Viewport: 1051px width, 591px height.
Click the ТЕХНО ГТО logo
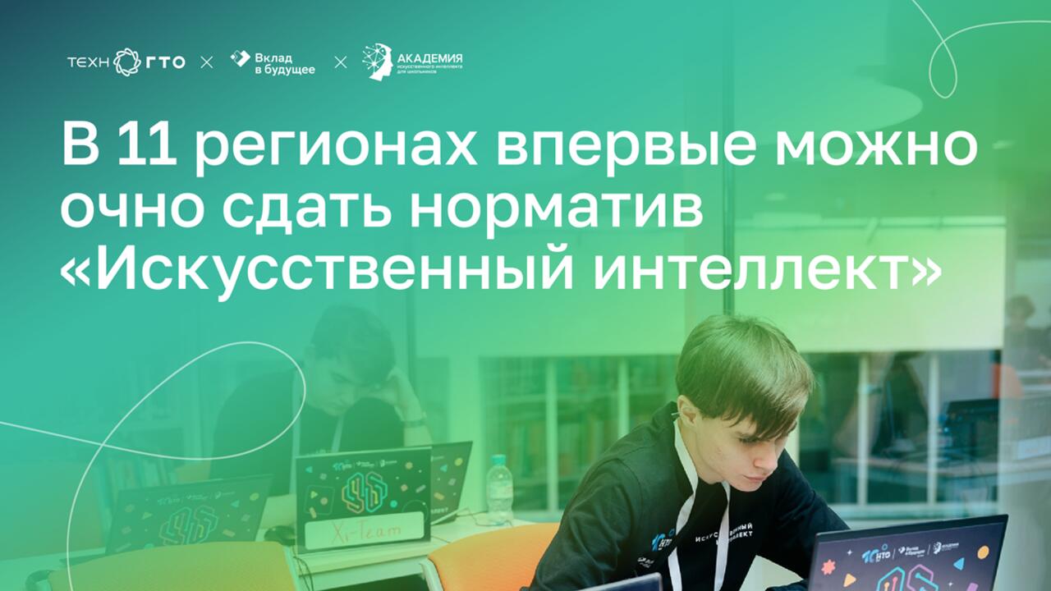tap(126, 62)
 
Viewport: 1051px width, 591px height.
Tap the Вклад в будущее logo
tap(273, 62)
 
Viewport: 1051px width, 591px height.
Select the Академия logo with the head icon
tap(412, 62)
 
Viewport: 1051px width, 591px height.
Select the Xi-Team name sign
tap(366, 533)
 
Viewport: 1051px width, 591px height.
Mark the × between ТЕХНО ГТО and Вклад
tap(207, 62)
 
